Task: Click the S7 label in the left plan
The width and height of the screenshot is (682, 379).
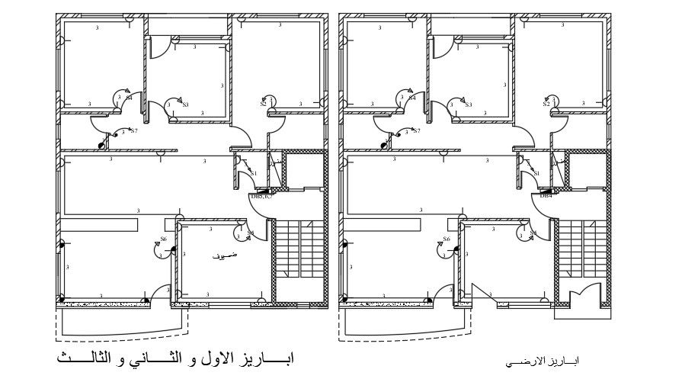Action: (134, 131)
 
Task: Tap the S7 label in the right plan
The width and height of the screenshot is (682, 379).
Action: (417, 131)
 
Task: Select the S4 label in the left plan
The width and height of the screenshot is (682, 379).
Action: (130, 98)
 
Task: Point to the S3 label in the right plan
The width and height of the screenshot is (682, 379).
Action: (469, 104)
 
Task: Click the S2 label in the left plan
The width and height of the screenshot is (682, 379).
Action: (263, 104)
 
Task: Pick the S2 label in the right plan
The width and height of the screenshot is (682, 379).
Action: (546, 104)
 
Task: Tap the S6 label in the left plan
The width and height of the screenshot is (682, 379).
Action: (163, 239)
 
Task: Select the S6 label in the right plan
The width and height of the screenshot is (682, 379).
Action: (447, 239)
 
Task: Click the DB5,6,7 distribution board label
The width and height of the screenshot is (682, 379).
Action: (261, 196)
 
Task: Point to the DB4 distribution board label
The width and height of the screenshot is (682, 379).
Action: (546, 196)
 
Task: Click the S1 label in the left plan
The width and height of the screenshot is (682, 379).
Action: (254, 174)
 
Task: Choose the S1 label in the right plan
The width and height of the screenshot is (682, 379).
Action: (536, 174)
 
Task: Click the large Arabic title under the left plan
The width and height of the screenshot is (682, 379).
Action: (175, 357)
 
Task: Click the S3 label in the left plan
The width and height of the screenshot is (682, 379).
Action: (185, 104)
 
